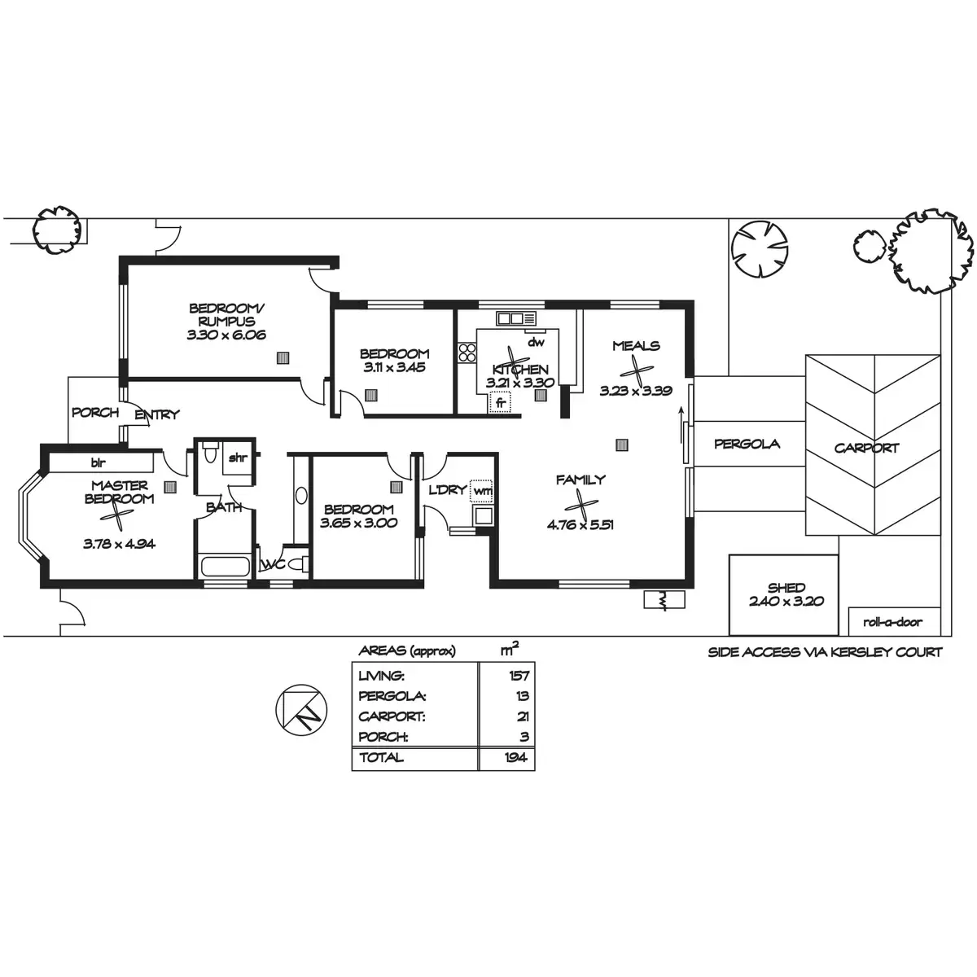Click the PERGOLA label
click(747, 444)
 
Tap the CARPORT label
click(866, 448)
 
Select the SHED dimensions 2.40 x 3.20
click(786, 602)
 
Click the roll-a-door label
click(892, 621)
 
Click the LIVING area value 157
click(519, 675)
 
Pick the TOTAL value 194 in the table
click(515, 757)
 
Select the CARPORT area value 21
click(522, 716)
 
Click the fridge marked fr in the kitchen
click(501, 401)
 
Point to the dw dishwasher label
click(535, 342)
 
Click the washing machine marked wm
click(483, 491)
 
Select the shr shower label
click(237, 457)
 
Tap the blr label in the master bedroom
click(98, 462)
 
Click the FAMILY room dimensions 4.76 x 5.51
click(581, 524)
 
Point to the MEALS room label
click(636, 345)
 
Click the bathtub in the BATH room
click(223, 567)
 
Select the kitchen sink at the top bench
click(516, 318)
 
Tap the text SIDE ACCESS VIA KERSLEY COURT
click(825, 651)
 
